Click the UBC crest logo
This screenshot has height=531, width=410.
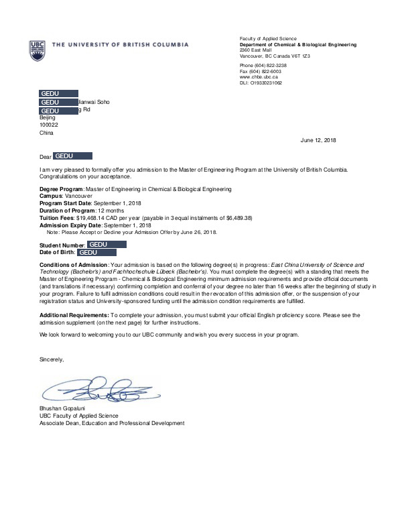click(x=38, y=46)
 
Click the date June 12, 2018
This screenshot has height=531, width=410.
click(x=318, y=140)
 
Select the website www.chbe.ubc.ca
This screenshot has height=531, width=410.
click(x=259, y=77)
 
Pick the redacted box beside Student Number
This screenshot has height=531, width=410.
click(x=107, y=245)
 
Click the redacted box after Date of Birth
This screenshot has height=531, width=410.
click(x=96, y=253)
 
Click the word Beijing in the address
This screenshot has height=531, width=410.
click(x=48, y=117)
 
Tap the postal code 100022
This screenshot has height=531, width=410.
click(x=49, y=125)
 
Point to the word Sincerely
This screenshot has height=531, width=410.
click(x=52, y=360)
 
